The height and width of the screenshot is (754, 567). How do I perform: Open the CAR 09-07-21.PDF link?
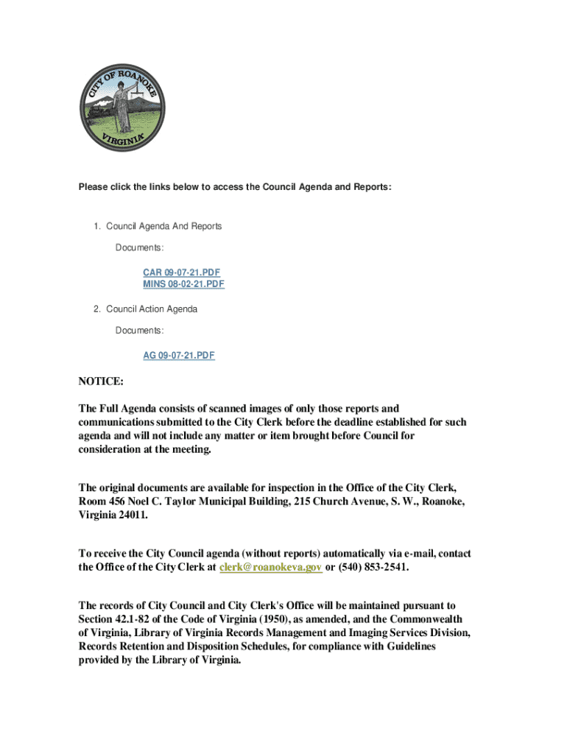click(181, 272)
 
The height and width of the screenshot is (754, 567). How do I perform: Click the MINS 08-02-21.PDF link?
click(183, 283)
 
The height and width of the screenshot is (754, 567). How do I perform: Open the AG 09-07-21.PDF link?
click(179, 355)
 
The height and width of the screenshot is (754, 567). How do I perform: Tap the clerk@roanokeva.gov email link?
click(271, 568)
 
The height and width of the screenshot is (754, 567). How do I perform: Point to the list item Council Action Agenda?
click(151, 309)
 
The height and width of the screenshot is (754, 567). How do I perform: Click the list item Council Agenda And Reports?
click(163, 226)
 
